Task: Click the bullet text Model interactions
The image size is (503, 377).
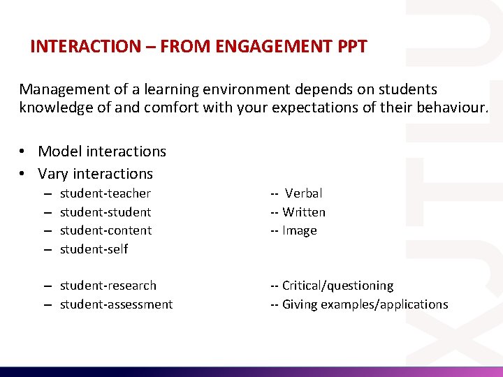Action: coord(102,151)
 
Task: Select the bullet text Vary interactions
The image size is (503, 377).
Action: coord(95,174)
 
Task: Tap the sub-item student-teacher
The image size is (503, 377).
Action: coord(105,193)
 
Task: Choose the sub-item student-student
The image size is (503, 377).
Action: coord(105,212)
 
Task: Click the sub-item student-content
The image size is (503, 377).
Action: coord(105,230)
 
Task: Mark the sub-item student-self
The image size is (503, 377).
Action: coord(94,249)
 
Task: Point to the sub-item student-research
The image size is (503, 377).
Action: coord(108,286)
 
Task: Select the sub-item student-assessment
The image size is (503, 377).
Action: coord(116,304)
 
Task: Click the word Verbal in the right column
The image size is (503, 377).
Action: coord(304,193)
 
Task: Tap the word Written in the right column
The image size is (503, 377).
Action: coord(304,212)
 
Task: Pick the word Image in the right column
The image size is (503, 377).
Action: coord(300,230)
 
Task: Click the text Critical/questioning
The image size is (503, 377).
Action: coord(337,286)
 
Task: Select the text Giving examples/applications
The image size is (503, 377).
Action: coord(365,304)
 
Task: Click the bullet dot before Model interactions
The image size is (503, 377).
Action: coord(24,152)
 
